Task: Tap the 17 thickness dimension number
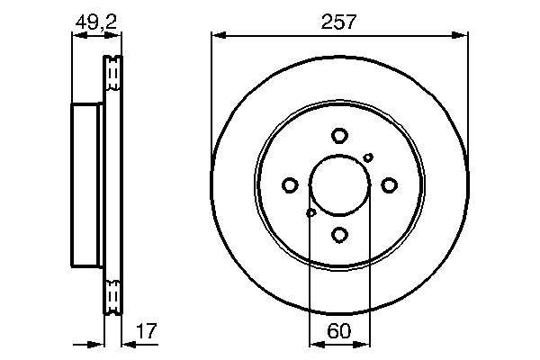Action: pyautogui.click(x=146, y=331)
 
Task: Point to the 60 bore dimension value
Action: pyautogui.click(x=338, y=331)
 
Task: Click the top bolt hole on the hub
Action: pyautogui.click(x=339, y=136)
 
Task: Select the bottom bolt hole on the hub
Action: pyautogui.click(x=339, y=235)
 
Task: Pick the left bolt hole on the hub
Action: pyautogui.click(x=290, y=185)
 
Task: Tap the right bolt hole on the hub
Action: pyautogui.click(x=389, y=185)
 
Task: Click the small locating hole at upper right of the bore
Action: pyautogui.click(x=368, y=157)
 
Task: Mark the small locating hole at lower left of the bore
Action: pyautogui.click(x=311, y=213)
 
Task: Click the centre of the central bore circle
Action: pyautogui.click(x=339, y=185)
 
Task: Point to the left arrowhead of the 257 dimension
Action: pyautogui.click(x=217, y=36)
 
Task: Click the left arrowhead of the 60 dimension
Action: pyautogui.click(x=314, y=343)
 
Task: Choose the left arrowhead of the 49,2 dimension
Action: pyautogui.click(x=76, y=36)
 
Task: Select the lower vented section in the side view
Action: pyautogui.click(x=112, y=296)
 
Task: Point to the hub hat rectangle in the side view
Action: pyautogui.click(x=87, y=185)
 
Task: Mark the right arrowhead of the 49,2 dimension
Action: pyautogui.click(x=116, y=36)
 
